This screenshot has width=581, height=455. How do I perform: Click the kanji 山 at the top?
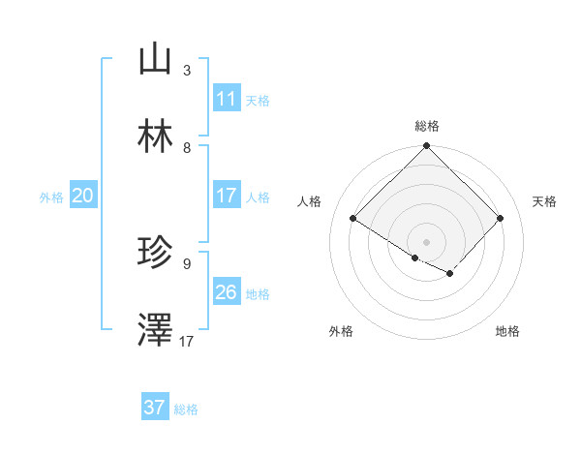tap(155, 59)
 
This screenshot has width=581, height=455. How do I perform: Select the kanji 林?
tap(155, 136)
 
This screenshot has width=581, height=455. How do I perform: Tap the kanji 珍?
tap(155, 253)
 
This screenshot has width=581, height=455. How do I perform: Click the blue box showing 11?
tap(227, 99)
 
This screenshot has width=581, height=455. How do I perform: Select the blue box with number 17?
tap(227, 196)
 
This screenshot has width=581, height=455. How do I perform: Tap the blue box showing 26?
tap(227, 292)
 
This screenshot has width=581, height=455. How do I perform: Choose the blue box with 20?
tap(83, 196)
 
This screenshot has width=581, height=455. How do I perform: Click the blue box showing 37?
tap(155, 408)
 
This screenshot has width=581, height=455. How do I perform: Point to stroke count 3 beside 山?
tap(187, 71)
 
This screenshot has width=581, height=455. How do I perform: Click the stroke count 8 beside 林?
tap(187, 148)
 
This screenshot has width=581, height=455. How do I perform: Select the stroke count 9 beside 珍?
tap(187, 264)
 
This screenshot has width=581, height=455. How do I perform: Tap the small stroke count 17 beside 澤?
tap(187, 342)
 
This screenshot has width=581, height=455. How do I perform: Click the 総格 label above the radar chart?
tap(427, 126)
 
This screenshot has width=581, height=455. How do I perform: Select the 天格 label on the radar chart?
tap(544, 201)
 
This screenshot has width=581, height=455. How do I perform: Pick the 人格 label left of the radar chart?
tap(310, 201)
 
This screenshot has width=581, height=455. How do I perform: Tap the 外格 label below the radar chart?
tap(341, 332)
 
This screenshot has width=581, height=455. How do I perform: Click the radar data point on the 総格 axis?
tap(427, 147)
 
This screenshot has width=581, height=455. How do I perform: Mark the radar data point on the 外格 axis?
tap(415, 258)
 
